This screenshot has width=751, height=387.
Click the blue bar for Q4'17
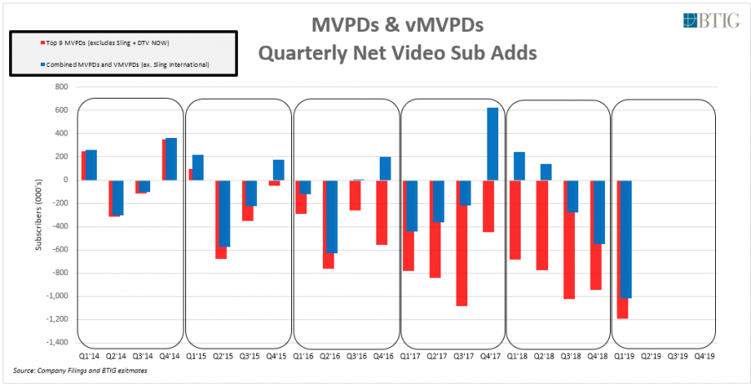coord(492,144)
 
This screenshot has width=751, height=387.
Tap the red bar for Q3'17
coord(461,242)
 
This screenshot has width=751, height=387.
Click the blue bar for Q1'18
coord(519,165)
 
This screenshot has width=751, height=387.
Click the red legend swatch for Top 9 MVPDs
coord(18,41)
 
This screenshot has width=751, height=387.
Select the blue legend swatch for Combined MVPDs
coord(18,64)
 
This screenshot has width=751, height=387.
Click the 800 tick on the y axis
coord(60,87)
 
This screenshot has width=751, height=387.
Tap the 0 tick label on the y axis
coord(64,180)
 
